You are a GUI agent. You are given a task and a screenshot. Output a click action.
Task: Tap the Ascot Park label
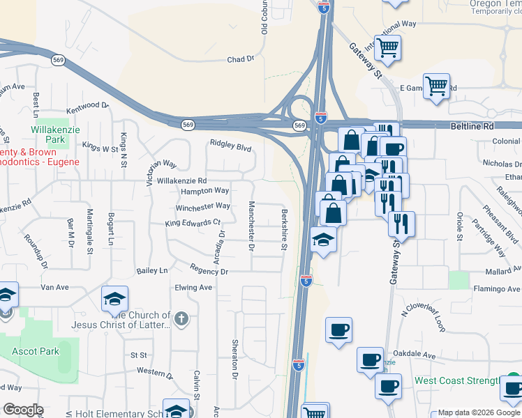[x=35, y=351]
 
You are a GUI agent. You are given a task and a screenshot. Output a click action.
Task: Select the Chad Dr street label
[x=240, y=60]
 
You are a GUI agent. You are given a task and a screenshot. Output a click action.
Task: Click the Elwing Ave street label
[x=193, y=287]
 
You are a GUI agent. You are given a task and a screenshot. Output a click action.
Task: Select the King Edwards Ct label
[x=193, y=223]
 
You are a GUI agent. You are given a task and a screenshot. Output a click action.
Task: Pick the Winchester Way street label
[x=203, y=206]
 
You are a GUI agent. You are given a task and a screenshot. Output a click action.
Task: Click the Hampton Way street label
[x=204, y=191]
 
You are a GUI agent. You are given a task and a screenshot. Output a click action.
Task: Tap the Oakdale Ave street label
[x=416, y=355]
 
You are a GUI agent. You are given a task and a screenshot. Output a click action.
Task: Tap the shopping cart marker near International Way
[x=387, y=47]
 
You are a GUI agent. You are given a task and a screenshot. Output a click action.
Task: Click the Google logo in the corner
[x=22, y=409]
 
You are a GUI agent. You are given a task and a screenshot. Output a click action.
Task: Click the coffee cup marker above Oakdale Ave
[x=338, y=329]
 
